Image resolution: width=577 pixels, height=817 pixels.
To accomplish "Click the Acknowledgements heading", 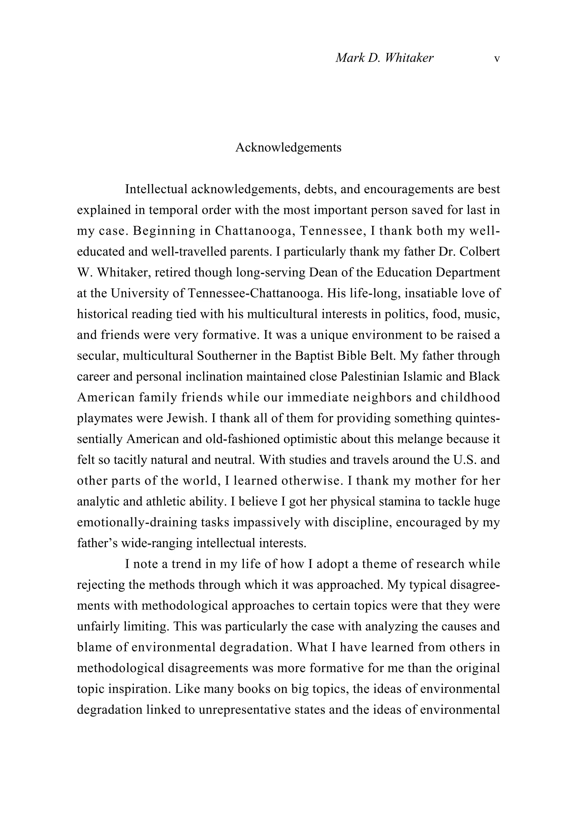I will pyautogui.click(x=288, y=147).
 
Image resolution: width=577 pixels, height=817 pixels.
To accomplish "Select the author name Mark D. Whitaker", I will pyautogui.click(x=384, y=58).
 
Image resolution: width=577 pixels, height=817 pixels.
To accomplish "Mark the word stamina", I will pyautogui.click(x=391, y=501).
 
